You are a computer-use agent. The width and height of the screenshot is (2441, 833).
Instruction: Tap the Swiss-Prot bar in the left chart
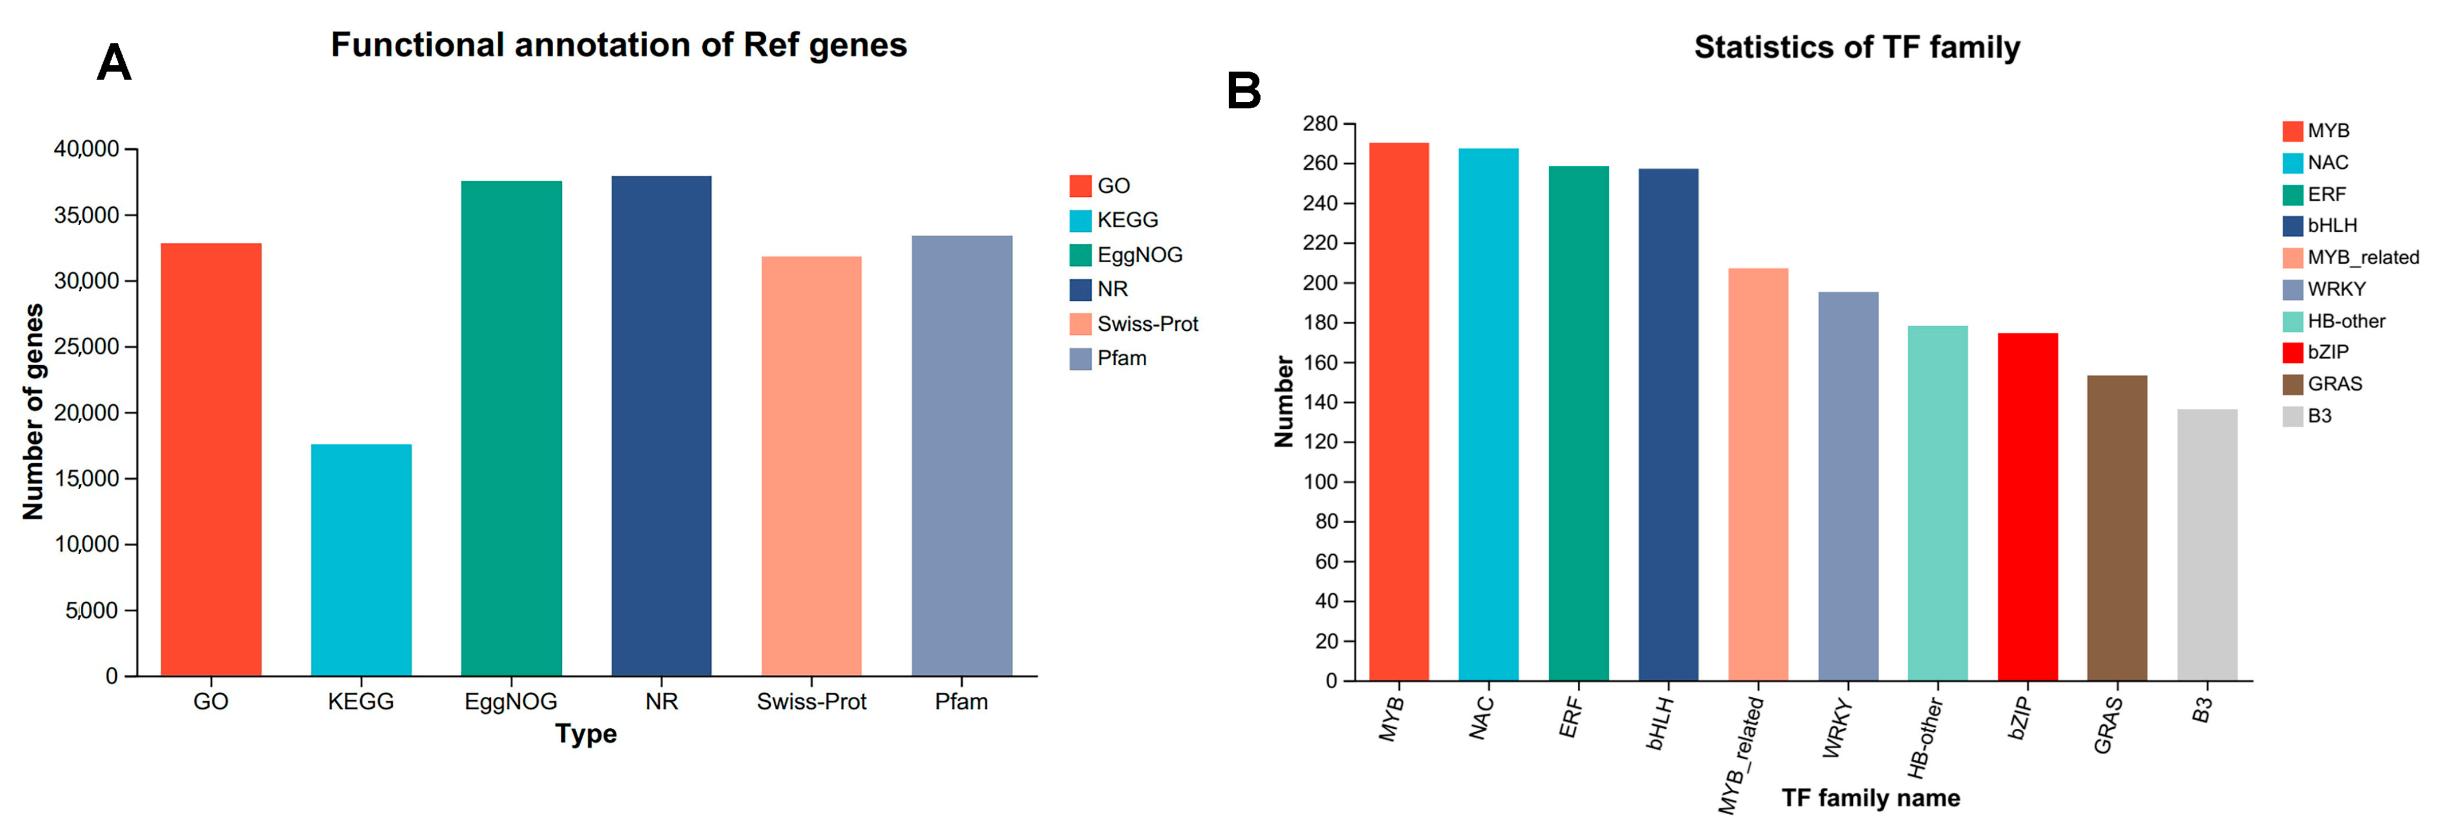tap(811, 465)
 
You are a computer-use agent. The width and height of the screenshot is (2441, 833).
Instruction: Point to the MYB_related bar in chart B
tap(1758, 474)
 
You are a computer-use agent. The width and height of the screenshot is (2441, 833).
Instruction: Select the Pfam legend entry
tap(1109, 358)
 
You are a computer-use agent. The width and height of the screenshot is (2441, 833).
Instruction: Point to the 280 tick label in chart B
tap(1320, 124)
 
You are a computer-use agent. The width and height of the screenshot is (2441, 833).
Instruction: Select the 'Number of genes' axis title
tap(33, 412)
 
